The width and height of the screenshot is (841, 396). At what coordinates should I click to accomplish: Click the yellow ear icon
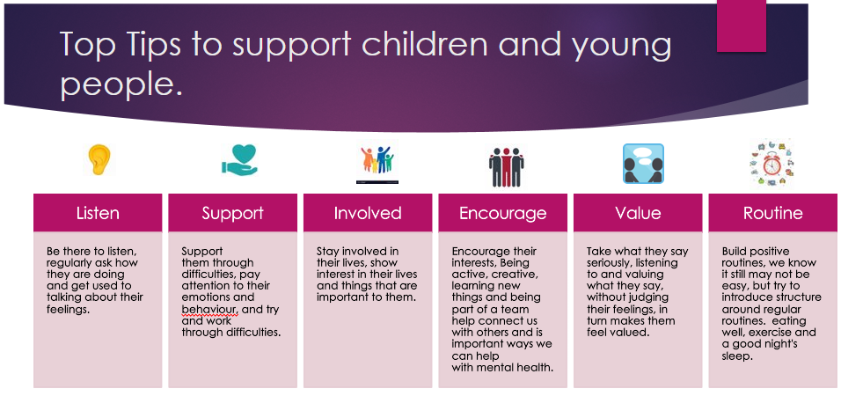[99, 159]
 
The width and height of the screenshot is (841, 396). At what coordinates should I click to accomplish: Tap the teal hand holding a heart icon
[239, 160]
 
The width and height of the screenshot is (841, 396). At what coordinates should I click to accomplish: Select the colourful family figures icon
[377, 160]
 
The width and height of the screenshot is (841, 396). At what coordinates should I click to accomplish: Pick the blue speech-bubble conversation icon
[643, 164]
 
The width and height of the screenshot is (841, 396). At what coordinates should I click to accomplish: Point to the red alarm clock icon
[772, 163]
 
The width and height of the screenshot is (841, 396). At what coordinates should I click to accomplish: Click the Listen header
[98, 213]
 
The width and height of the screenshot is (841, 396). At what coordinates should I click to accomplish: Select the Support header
[233, 213]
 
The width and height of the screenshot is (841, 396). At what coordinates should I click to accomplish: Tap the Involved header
[368, 213]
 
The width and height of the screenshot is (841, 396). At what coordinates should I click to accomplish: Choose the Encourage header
[503, 213]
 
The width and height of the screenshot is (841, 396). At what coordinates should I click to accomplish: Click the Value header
[639, 213]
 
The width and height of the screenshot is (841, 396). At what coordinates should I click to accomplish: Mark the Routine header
[773, 213]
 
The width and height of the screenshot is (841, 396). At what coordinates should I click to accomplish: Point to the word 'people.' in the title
[121, 84]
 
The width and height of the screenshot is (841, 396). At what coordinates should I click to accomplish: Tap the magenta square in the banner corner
[742, 26]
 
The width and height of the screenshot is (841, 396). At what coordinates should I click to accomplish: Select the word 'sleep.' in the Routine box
[737, 356]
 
